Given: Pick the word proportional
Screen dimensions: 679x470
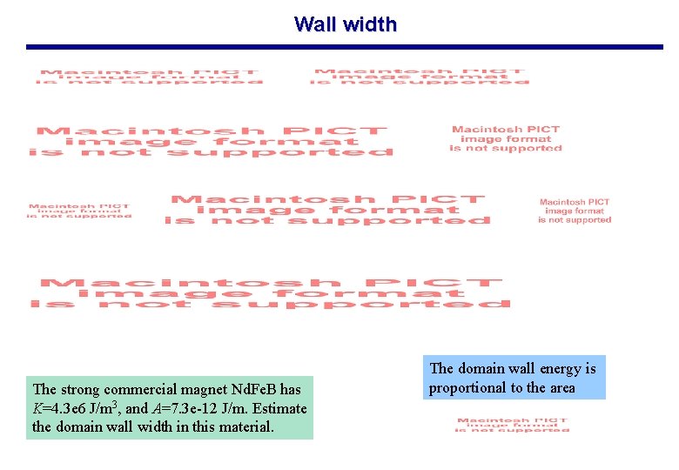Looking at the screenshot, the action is coord(466,388).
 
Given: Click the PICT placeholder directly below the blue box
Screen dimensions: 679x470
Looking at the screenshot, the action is coord(512,424).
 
